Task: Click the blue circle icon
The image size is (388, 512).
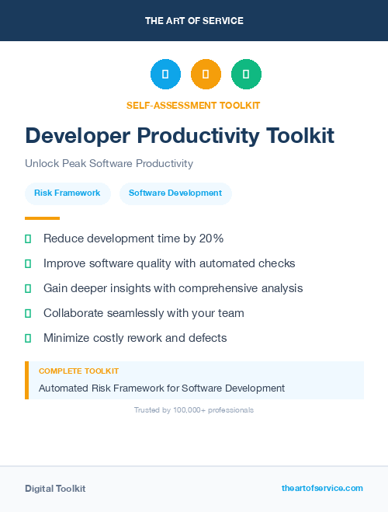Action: [x=165, y=75]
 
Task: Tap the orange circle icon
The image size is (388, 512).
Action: [x=206, y=75]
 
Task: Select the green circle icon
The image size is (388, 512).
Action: [x=246, y=75]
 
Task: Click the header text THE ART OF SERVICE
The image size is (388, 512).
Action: [x=194, y=21]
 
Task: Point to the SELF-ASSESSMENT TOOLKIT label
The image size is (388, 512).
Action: [x=193, y=105]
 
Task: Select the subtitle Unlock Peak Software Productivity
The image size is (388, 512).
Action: [x=109, y=164]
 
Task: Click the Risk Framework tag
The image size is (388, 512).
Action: [x=68, y=193]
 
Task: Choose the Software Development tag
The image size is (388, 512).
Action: [x=175, y=193]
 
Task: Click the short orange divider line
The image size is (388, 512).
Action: [x=42, y=218]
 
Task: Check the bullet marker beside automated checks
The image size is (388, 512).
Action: [x=28, y=264]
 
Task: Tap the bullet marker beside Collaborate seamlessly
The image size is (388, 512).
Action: [x=28, y=314]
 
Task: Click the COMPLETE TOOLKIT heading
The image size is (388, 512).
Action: [x=78, y=371]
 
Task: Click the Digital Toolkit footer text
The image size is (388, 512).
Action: [x=55, y=489]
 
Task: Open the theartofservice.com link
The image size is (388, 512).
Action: [x=322, y=488]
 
